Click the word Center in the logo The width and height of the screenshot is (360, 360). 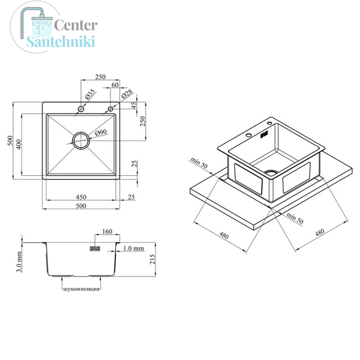click(x=76, y=25)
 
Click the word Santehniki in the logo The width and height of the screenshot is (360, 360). click(x=61, y=41)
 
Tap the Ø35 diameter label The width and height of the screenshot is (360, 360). click(x=90, y=94)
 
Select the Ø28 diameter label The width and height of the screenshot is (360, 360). click(x=127, y=93)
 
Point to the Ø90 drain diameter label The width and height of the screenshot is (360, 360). click(x=101, y=133)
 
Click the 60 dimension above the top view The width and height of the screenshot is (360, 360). click(x=115, y=85)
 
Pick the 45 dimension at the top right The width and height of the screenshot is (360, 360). click(x=134, y=105)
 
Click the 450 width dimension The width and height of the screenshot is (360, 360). click(x=81, y=197)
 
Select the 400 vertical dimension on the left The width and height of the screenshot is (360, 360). click(x=19, y=144)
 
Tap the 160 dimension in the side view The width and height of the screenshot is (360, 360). click(x=107, y=231)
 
